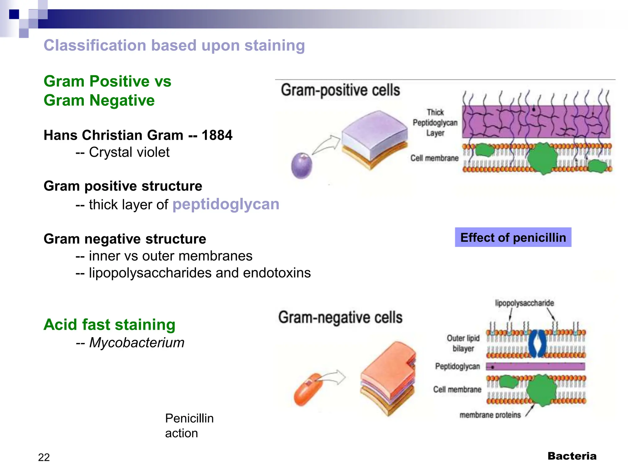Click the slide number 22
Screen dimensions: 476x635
(x=44, y=457)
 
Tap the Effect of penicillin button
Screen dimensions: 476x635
(x=513, y=237)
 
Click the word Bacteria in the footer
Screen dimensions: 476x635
(x=572, y=456)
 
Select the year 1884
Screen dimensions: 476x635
(x=217, y=135)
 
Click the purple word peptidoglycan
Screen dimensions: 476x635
(x=226, y=204)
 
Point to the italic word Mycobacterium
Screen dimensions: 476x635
(x=137, y=343)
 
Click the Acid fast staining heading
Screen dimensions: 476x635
(x=109, y=324)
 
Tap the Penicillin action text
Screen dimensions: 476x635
(x=189, y=425)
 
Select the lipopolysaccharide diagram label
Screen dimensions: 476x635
(x=524, y=303)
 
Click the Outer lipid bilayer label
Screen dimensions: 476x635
(x=463, y=343)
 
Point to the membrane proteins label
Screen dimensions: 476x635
(x=490, y=415)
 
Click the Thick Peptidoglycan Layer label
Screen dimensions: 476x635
(x=435, y=122)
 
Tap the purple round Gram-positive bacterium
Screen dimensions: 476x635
(x=301, y=166)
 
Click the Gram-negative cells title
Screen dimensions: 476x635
(x=340, y=317)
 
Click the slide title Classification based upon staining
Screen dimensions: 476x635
(x=174, y=46)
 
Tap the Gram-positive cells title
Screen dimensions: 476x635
(x=340, y=90)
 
